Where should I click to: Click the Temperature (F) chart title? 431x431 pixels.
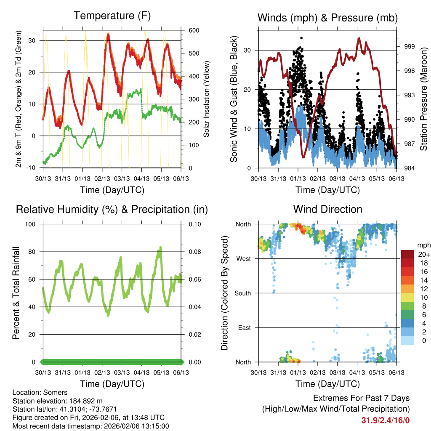pos(112,16)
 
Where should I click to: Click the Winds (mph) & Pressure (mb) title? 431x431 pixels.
pos(327,18)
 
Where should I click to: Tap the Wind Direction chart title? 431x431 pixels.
pos(327,209)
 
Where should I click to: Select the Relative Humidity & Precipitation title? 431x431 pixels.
pos(112,209)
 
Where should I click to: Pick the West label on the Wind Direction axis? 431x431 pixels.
pos(243,258)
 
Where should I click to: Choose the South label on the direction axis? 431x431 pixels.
pos(242,293)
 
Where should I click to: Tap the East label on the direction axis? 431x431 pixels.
pos(244,327)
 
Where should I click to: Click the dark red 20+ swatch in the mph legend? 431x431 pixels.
pos(407,254)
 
